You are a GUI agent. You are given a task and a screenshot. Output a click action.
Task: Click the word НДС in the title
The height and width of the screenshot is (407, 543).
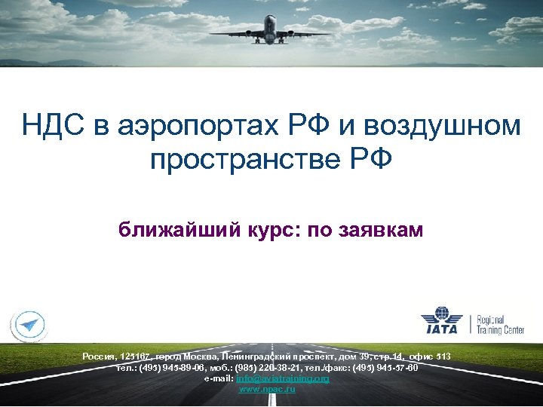click(54, 125)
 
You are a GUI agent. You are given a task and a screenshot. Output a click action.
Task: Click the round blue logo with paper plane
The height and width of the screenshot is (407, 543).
click(29, 325)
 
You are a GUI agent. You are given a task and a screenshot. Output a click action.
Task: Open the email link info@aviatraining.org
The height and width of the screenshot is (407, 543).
click(283, 378)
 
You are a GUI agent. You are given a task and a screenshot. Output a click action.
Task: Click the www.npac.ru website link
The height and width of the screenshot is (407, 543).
click(267, 389)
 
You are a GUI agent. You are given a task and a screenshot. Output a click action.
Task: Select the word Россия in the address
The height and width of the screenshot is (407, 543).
click(99, 356)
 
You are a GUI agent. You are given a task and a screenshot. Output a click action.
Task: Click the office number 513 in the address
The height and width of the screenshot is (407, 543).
click(443, 356)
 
